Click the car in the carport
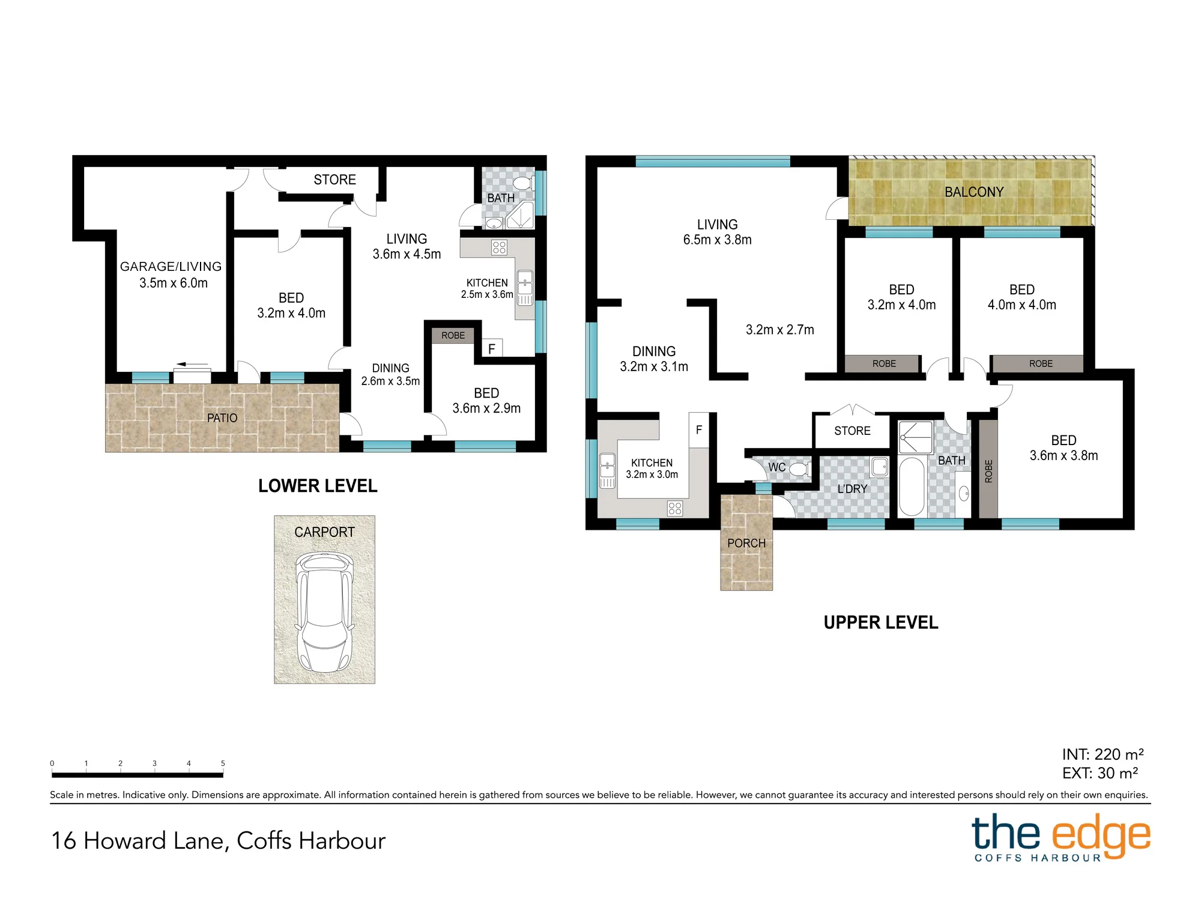click(x=325, y=612)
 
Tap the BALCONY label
click(x=974, y=192)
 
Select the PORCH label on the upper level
click(x=746, y=543)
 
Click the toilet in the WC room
click(x=799, y=469)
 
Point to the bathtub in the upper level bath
click(x=912, y=487)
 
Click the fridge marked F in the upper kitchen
click(x=699, y=429)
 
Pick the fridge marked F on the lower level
click(x=492, y=348)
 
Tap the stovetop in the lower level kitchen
click(x=499, y=247)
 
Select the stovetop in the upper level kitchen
click(x=675, y=508)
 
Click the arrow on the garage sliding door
click(x=192, y=365)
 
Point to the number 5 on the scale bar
click(x=223, y=763)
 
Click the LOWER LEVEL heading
click(x=318, y=486)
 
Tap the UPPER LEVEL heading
click(x=881, y=622)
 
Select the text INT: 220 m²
click(x=1103, y=754)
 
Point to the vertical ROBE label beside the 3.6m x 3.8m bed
click(x=988, y=471)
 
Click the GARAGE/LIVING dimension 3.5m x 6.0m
click(x=174, y=283)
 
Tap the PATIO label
click(x=222, y=418)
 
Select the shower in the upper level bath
click(x=916, y=437)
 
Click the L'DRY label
click(x=852, y=489)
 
